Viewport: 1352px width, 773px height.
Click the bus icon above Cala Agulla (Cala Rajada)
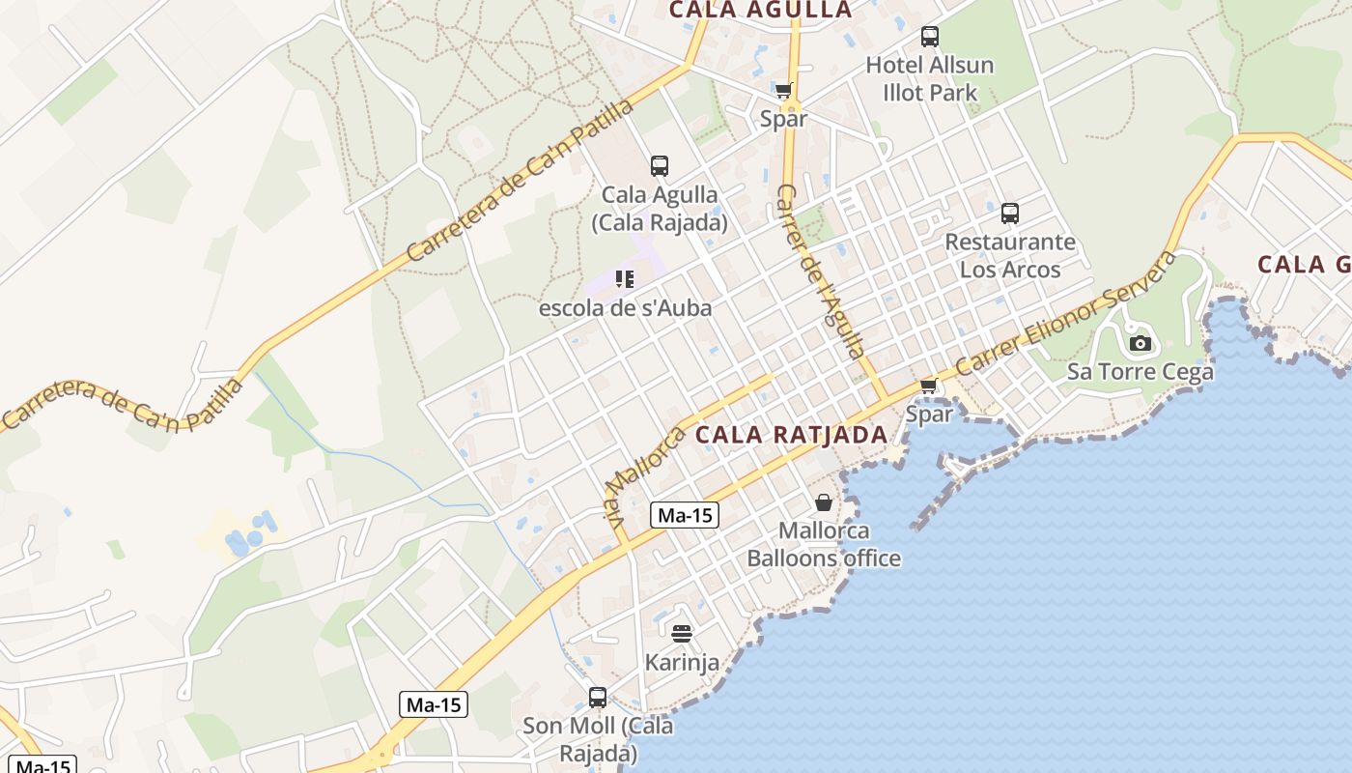[x=660, y=166]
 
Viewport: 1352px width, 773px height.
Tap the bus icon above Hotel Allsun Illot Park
[x=930, y=37]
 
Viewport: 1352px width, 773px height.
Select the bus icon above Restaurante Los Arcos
[x=1010, y=214]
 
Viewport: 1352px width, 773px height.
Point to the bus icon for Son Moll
[x=598, y=697]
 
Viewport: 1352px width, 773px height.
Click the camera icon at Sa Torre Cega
[x=1141, y=343]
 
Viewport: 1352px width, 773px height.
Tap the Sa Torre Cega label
[x=1140, y=372]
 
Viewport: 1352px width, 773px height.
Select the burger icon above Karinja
[x=682, y=634]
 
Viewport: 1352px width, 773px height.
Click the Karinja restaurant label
[x=682, y=663]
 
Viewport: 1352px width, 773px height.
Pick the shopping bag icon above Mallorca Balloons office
[x=824, y=502]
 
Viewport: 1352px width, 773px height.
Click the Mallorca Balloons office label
[x=824, y=545]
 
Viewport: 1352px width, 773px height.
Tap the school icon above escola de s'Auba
[x=625, y=280]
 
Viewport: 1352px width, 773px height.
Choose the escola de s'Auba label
[x=626, y=308]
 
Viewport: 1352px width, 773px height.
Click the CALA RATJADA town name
[x=791, y=435]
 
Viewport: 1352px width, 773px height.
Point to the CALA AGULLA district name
[x=761, y=11]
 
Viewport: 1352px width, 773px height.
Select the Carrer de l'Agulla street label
[x=820, y=272]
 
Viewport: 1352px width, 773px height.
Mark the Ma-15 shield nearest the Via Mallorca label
[x=685, y=515]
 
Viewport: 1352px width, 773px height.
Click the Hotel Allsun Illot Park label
[x=929, y=79]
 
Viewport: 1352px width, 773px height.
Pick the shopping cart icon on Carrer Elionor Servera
[x=928, y=386]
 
